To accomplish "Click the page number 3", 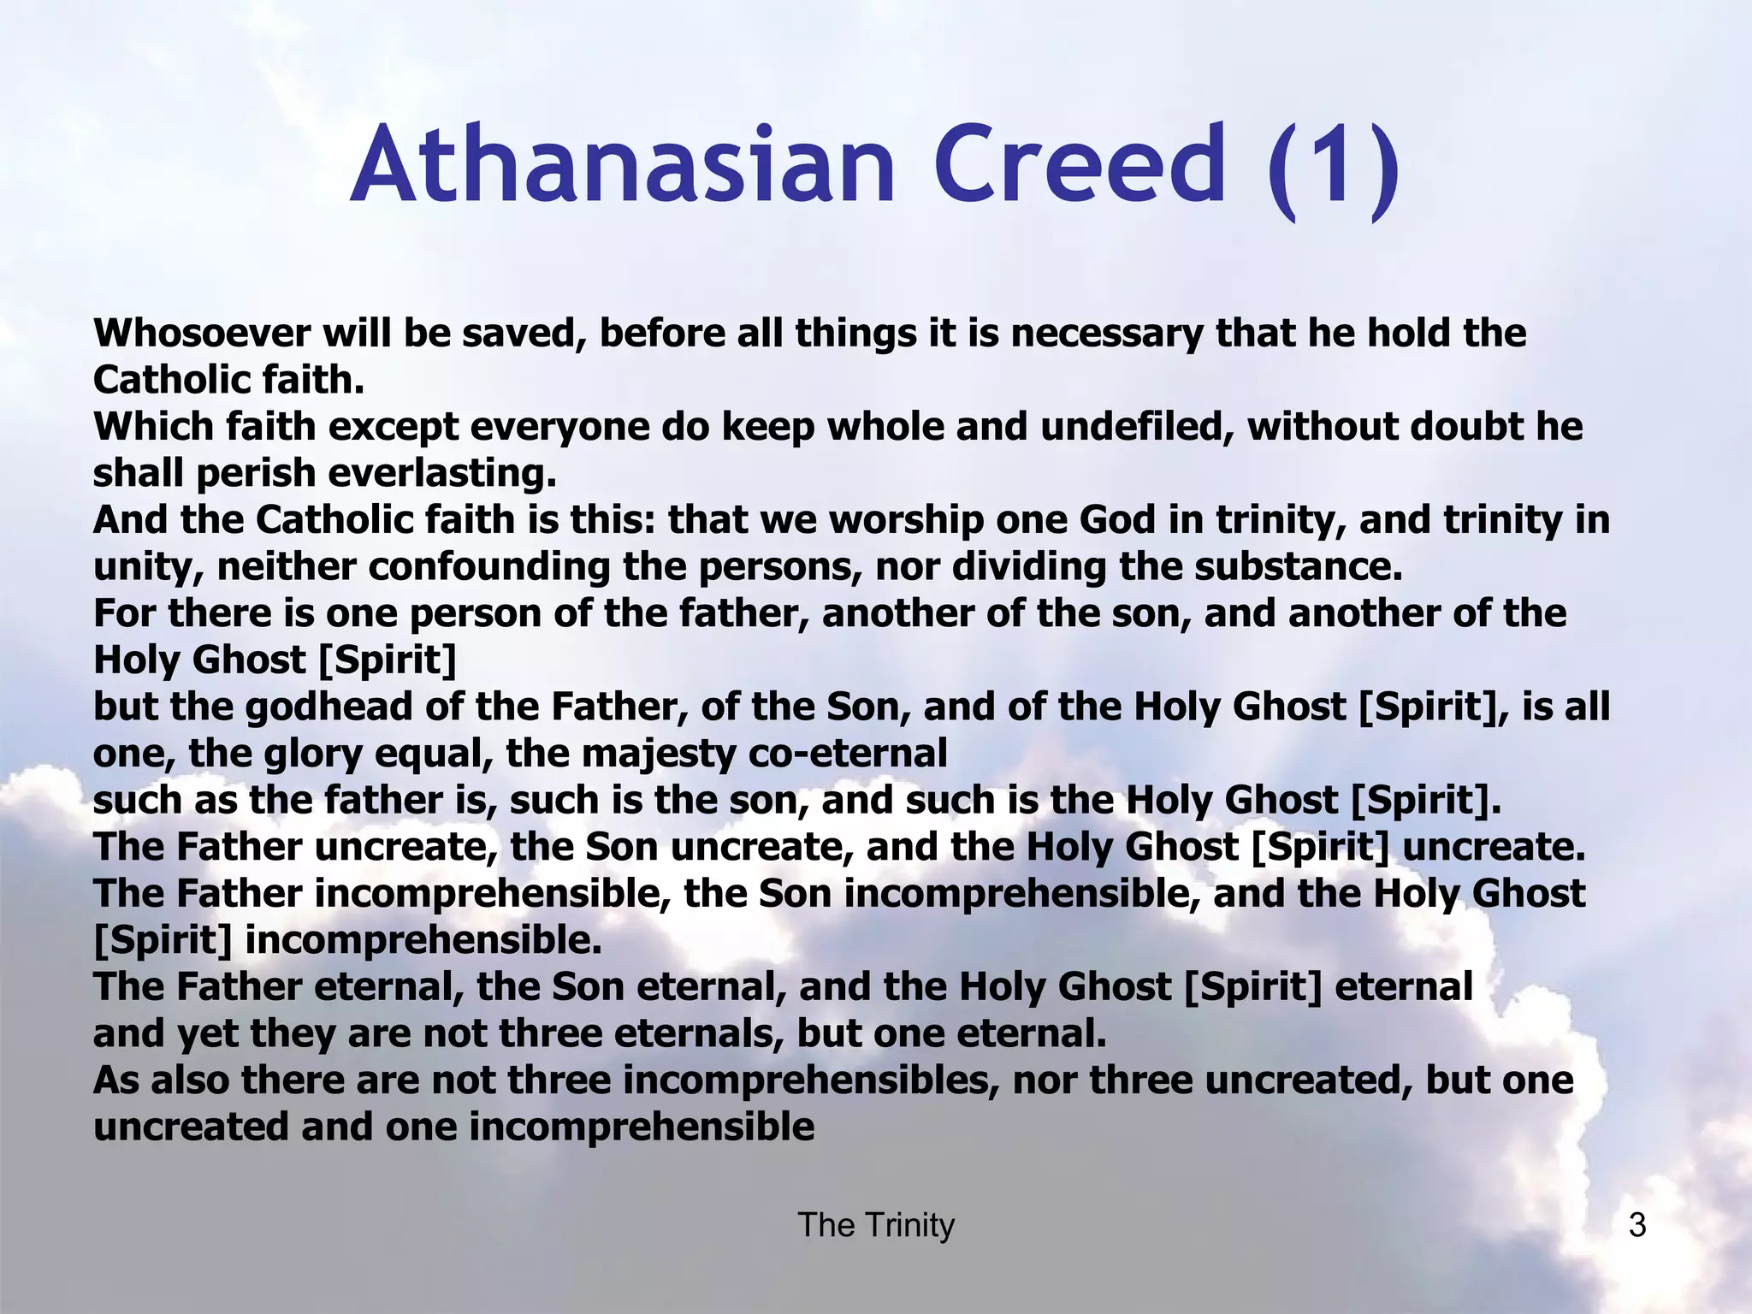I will coord(1637,1225).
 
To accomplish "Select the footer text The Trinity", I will coord(876,1225).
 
